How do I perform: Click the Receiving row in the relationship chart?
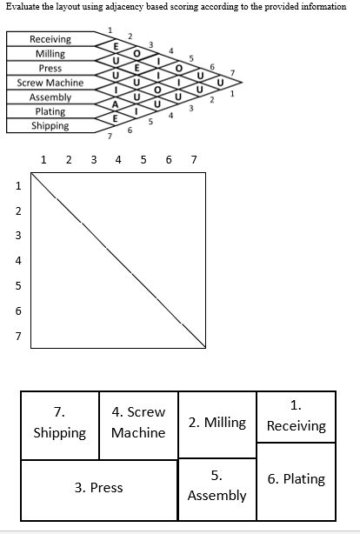[x=50, y=40]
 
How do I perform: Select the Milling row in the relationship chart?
[x=50, y=54]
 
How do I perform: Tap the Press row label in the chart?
[x=50, y=68]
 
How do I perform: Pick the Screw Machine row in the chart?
[x=50, y=83]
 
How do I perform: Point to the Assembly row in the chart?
[x=50, y=97]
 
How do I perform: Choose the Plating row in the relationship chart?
[x=50, y=111]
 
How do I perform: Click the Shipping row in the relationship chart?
[x=50, y=125]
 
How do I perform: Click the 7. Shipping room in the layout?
[x=59, y=423]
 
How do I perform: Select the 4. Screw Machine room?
[x=138, y=423]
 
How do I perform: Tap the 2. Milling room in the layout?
[x=217, y=424]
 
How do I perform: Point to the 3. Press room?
[x=99, y=487]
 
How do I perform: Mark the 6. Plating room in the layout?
[x=296, y=479]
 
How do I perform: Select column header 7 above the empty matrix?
[x=193, y=160]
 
